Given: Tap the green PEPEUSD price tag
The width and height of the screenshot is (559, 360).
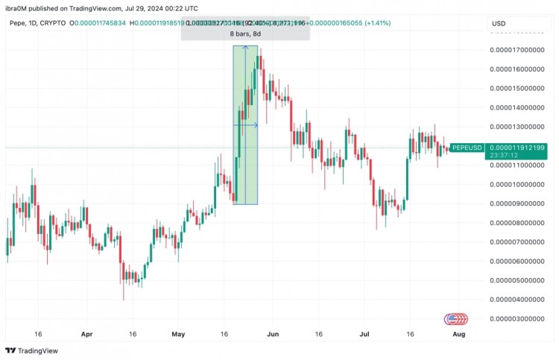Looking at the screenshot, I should (467, 148).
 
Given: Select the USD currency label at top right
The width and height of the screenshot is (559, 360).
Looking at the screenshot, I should (499, 24).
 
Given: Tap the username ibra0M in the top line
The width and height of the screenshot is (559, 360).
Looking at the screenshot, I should (20, 8).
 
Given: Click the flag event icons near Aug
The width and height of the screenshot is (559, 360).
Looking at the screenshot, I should (456, 319).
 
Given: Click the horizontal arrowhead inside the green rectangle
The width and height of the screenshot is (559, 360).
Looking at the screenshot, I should (256, 125).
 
